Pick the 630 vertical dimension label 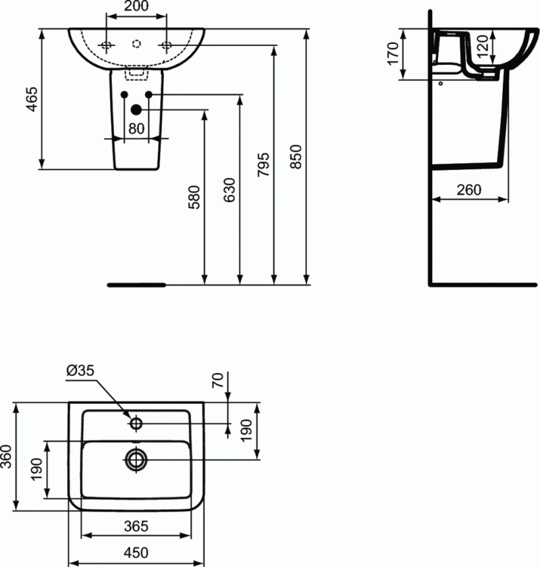(230, 191)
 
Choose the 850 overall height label (298, 157)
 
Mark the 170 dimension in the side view (392, 54)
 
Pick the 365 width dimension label (136, 526)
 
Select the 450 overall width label (136, 551)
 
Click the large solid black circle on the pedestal (136, 109)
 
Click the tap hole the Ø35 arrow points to (136, 424)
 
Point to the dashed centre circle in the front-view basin (136, 44)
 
